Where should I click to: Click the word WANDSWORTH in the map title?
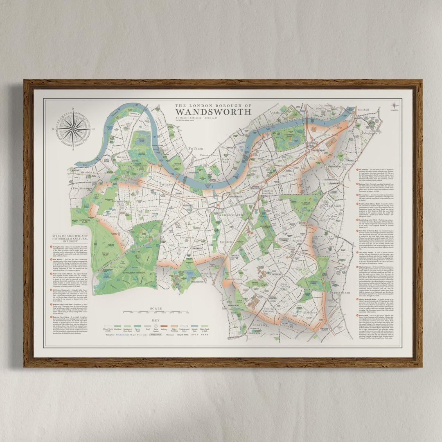pyautogui.click(x=213, y=112)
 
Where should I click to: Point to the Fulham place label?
pyautogui.click(x=195, y=148)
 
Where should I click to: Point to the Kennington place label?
pyautogui.click(x=370, y=133)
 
